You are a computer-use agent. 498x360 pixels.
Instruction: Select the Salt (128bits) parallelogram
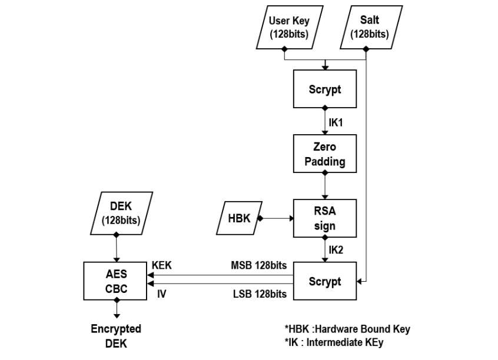coord(369,27)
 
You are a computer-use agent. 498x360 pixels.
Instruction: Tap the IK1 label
coord(336,124)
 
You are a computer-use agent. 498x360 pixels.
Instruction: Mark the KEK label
coord(161,266)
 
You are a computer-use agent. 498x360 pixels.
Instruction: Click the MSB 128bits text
coord(260,266)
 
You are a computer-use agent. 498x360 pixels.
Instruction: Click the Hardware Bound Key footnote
coord(347,328)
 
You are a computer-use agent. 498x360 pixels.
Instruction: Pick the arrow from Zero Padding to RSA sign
coord(324,185)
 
